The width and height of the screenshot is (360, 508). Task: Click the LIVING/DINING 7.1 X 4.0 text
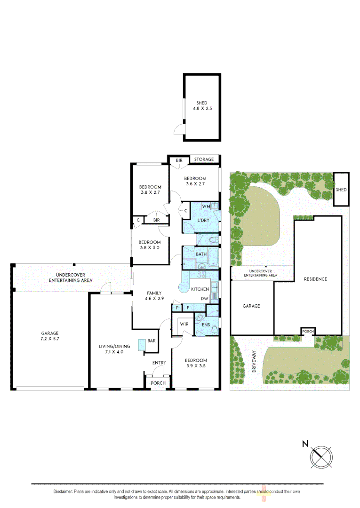[111, 349]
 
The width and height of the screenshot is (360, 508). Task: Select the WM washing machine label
[206, 206]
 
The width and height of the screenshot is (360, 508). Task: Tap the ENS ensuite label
[205, 324]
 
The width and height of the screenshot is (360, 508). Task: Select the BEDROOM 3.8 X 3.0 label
[150, 245]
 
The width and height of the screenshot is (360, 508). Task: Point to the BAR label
[152, 340]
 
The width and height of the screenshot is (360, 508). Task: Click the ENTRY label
[159, 363]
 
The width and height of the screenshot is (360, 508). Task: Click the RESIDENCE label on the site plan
[315, 279]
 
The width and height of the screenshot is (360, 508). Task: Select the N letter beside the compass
[305, 444]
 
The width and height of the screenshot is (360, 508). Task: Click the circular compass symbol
[321, 456]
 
